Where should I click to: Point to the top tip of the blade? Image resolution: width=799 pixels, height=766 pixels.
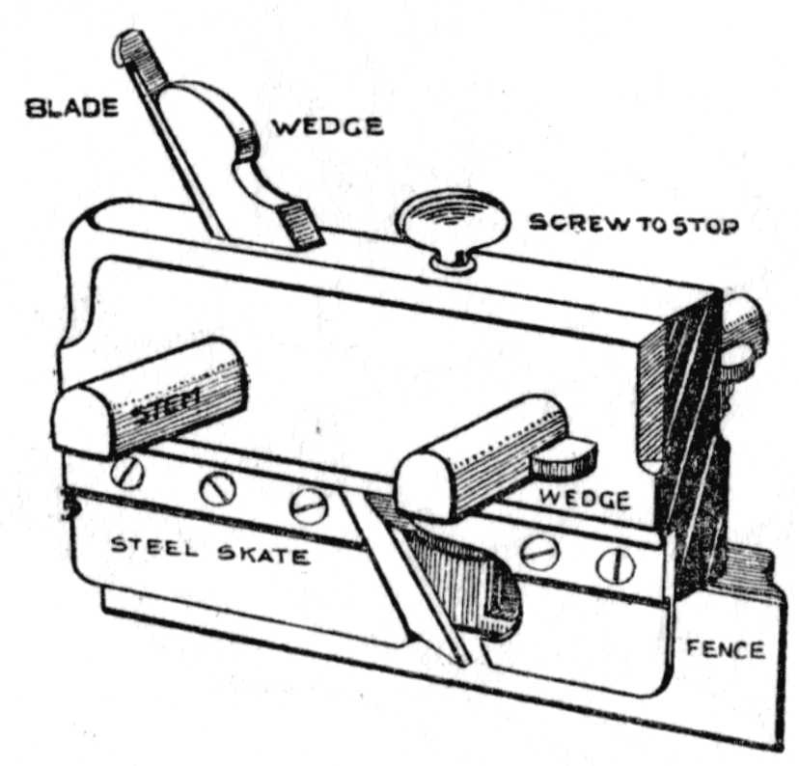(129, 43)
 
